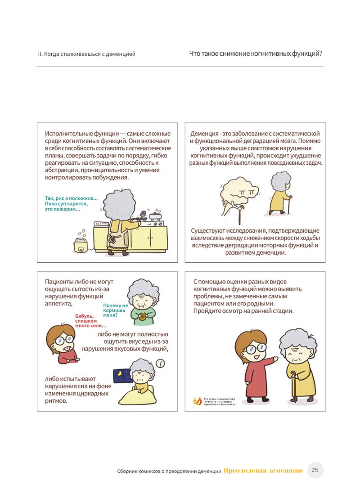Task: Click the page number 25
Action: tap(315, 470)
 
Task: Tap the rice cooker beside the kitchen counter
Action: tap(81, 244)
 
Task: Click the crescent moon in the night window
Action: tap(119, 374)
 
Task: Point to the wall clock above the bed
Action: tap(161, 363)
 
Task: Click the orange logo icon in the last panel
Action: tap(198, 401)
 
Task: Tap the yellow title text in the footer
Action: tap(263, 471)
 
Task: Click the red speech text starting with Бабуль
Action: tap(90, 321)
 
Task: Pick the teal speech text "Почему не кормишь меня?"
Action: tap(115, 310)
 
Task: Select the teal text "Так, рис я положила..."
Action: tap(71, 198)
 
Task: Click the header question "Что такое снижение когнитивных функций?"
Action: tap(256, 54)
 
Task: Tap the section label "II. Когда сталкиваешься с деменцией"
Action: tap(87, 54)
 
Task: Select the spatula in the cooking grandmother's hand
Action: tap(142, 216)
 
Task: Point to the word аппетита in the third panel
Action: tap(58, 304)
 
